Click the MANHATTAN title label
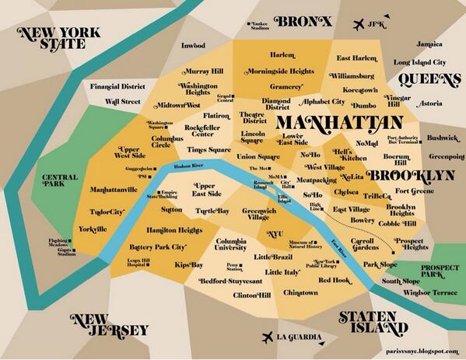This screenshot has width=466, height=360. point(339,122)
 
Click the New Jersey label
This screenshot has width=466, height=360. point(109,324)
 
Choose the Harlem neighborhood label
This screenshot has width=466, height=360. point(282,55)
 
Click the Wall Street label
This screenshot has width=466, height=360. point(123,101)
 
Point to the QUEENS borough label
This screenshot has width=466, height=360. point(430,79)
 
